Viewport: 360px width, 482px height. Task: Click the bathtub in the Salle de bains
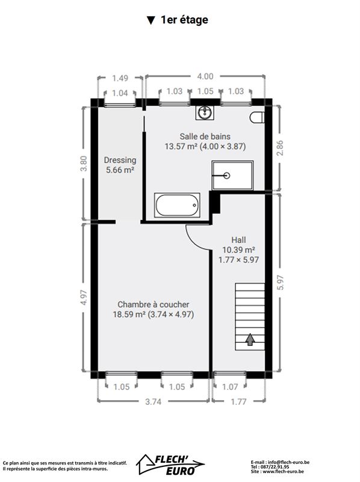pos(177,205)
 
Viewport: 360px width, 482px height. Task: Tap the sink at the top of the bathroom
pos(205,113)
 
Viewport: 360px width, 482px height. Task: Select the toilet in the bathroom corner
pos(257,117)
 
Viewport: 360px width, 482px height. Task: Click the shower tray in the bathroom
pos(232,175)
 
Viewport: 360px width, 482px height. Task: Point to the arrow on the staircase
pos(250,339)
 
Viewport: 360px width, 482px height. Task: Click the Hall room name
pos(238,240)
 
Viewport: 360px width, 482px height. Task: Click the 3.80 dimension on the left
pos(84,163)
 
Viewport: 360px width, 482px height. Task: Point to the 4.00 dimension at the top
pos(205,77)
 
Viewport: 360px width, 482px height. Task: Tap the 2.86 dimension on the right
pos(280,148)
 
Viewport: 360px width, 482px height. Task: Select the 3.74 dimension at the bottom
pos(153,401)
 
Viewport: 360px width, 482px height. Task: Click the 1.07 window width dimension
pos(230,387)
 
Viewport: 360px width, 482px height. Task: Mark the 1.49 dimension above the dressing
pos(120,78)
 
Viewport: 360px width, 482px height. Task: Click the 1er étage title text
pos(184,20)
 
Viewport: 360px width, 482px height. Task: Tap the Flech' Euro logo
pos(170,465)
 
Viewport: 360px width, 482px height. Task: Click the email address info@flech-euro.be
pos(289,462)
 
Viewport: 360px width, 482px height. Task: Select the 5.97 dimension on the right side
pos(280,282)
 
